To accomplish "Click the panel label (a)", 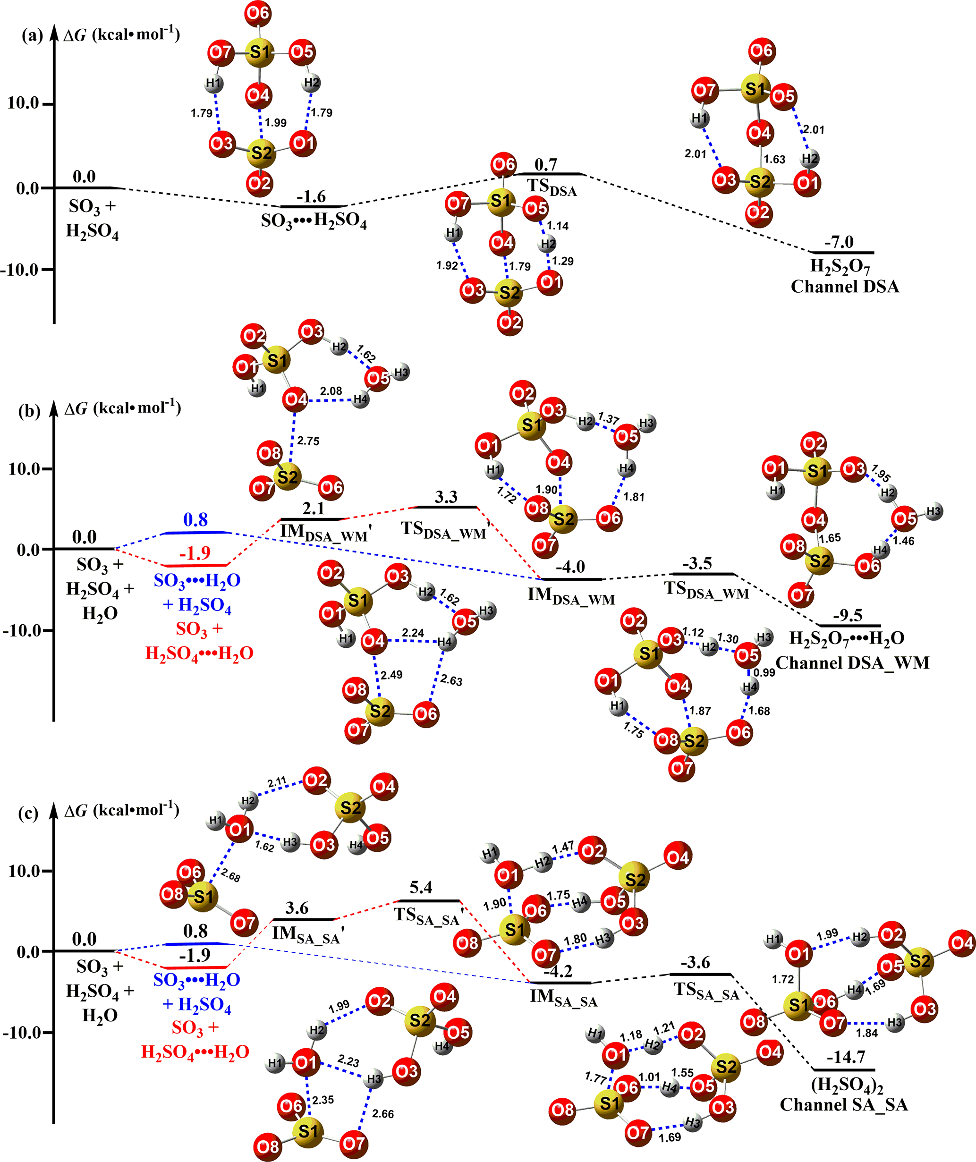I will pyautogui.click(x=32, y=36).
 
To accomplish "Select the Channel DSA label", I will pyautogui.click(x=845, y=287).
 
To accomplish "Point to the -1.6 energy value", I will pyautogui.click(x=311, y=196).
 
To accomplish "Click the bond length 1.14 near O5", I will pyautogui.click(x=558, y=226).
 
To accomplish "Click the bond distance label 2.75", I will pyautogui.click(x=308, y=441).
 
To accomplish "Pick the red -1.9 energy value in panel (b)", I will pyautogui.click(x=195, y=553).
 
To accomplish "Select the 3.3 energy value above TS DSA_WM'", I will pyautogui.click(x=446, y=497).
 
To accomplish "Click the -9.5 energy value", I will pyautogui.click(x=848, y=615).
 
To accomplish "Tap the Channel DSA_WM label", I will pyautogui.click(x=852, y=663).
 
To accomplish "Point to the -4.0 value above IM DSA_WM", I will pyautogui.click(x=570, y=567).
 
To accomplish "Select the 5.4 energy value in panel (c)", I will pyautogui.click(x=421, y=888).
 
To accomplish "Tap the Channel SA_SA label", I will pyautogui.click(x=844, y=1104).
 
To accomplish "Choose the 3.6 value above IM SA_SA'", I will pyautogui.click(x=297, y=908).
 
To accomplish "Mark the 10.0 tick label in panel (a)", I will pyautogui.click(x=23, y=103).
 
